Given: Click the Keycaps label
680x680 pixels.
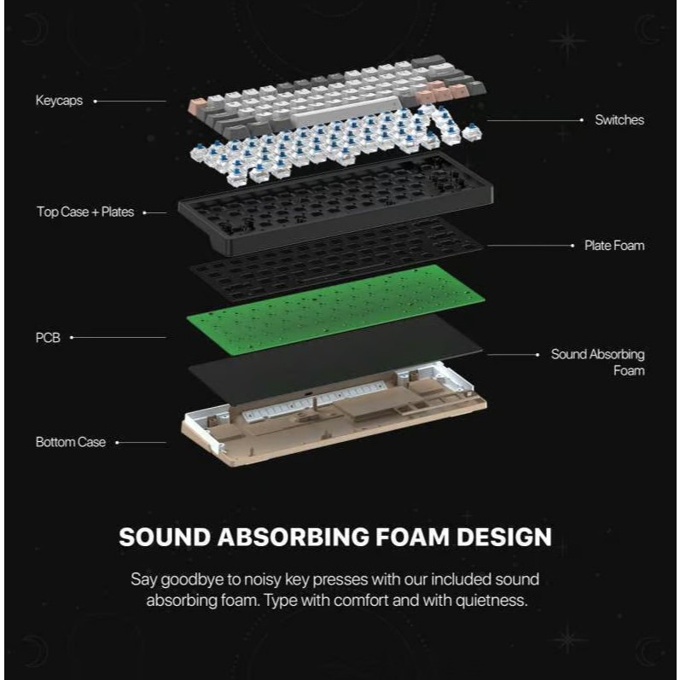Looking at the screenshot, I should pyautogui.click(x=58, y=101).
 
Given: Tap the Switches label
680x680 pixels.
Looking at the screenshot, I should pyautogui.click(x=619, y=120).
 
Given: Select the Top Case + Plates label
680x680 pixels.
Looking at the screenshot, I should pyautogui.click(x=85, y=212).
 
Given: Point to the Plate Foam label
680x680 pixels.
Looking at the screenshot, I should pyautogui.click(x=613, y=246).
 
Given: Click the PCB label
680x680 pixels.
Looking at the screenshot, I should pyautogui.click(x=47, y=338).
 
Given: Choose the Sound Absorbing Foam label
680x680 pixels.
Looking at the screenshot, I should pyautogui.click(x=597, y=362).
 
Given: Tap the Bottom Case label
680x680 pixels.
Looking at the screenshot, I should pyautogui.click(x=71, y=442).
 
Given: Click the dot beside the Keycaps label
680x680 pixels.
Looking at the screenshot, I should pyautogui.click(x=95, y=101).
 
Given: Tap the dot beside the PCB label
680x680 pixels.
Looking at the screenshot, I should pyautogui.click(x=72, y=338).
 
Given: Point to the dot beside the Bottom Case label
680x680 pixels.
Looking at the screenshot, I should pyautogui.click(x=117, y=442).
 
